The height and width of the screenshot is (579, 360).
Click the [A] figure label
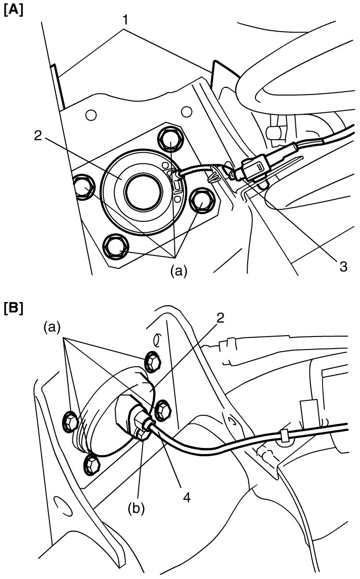click(x=13, y=11)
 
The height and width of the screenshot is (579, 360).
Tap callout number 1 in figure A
click(x=125, y=20)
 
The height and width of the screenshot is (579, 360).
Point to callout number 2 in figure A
click(x=38, y=135)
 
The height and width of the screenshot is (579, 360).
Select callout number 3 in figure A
click(x=343, y=266)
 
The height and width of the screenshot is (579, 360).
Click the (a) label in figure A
click(x=179, y=271)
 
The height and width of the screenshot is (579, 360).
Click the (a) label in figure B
click(x=52, y=327)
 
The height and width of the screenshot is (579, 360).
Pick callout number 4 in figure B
click(x=187, y=497)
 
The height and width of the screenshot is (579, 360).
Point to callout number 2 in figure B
click(x=220, y=318)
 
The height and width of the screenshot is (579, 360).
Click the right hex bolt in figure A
click(x=202, y=201)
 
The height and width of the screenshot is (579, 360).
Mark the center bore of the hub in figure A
click(x=144, y=192)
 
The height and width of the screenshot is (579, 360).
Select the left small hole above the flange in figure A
click(x=91, y=115)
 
